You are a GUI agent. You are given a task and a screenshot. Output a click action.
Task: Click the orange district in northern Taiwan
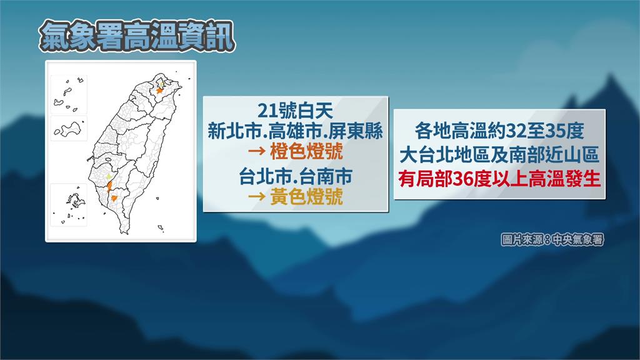pos(159,91)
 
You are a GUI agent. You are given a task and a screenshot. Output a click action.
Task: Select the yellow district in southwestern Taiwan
pos(109,176)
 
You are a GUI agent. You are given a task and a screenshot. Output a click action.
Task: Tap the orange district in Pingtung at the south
pos(114,198)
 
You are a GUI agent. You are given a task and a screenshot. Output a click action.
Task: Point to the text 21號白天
pos(295,110)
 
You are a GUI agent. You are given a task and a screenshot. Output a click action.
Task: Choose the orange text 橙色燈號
pos(306,152)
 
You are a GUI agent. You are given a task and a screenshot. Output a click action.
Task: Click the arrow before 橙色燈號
pos(257,152)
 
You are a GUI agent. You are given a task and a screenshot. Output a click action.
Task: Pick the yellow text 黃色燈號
pos(306,197)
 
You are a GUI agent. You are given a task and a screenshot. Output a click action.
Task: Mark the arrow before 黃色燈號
pos(257,197)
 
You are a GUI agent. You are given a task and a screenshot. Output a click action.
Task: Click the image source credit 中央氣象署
pos(577,240)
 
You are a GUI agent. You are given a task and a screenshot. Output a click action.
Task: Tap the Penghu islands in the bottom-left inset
pos(75,201)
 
